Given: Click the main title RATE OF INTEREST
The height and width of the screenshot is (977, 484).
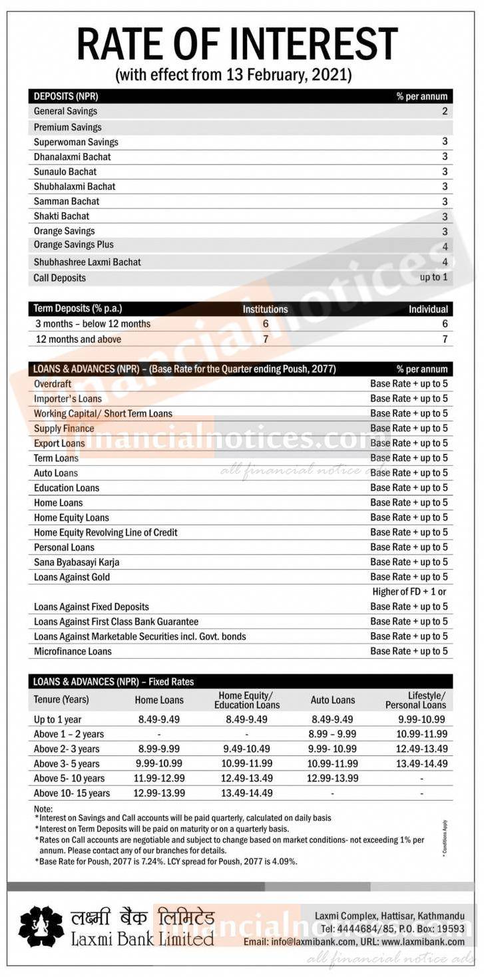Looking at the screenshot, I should (x=237, y=44).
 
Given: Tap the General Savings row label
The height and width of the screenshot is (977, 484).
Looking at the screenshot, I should (x=65, y=111).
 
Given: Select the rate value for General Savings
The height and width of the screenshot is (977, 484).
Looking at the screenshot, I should (x=445, y=111).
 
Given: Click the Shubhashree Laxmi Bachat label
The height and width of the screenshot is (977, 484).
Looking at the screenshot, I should (x=87, y=262).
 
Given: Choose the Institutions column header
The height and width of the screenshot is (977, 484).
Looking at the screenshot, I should (x=265, y=309).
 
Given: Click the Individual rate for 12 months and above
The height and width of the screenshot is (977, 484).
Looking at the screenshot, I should (x=445, y=339).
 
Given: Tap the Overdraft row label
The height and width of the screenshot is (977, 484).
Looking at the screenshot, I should (x=53, y=384).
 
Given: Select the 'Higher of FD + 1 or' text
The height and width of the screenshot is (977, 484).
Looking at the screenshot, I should (x=409, y=592).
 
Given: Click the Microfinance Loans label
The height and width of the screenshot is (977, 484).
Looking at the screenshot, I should (x=73, y=651).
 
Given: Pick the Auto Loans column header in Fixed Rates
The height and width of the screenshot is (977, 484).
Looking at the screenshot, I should (x=333, y=700).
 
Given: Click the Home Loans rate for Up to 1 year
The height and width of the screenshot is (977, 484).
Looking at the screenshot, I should (x=159, y=719).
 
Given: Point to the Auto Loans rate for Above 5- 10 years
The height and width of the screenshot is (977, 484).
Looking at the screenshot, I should (x=333, y=778).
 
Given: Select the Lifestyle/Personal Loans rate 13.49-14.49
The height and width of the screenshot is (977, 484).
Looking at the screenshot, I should (x=421, y=763).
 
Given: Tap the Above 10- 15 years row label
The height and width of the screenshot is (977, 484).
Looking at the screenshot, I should (x=72, y=793).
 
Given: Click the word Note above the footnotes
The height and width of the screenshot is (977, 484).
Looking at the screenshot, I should (x=43, y=809).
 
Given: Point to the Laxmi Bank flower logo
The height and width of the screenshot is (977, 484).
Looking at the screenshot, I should (x=41, y=926).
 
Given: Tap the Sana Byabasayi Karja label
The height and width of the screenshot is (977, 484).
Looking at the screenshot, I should (x=77, y=562).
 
